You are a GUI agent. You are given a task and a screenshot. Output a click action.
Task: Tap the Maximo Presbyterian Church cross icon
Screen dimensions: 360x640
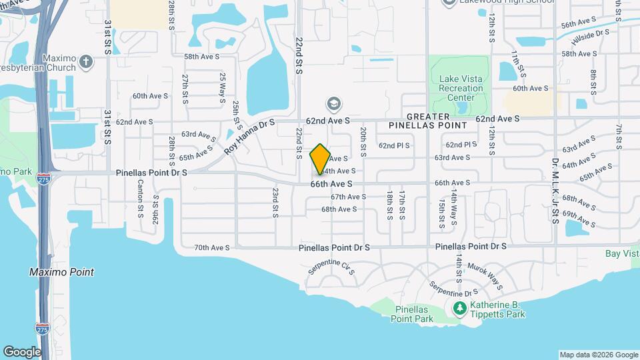tap(85, 62)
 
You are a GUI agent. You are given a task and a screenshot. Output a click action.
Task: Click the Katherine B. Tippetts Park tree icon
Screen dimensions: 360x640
tap(459, 309)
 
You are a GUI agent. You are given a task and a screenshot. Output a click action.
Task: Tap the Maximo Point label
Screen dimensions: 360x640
tap(61, 272)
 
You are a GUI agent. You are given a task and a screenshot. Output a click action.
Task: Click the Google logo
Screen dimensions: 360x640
tap(21, 351)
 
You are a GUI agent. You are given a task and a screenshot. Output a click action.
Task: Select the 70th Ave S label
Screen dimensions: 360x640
tap(211, 247)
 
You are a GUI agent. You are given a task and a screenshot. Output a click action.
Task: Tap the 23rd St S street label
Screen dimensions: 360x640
tap(275, 203)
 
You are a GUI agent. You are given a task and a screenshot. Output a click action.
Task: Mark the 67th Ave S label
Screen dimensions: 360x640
tap(349, 197)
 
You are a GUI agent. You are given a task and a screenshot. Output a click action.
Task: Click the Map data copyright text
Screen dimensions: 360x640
tap(598, 355)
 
